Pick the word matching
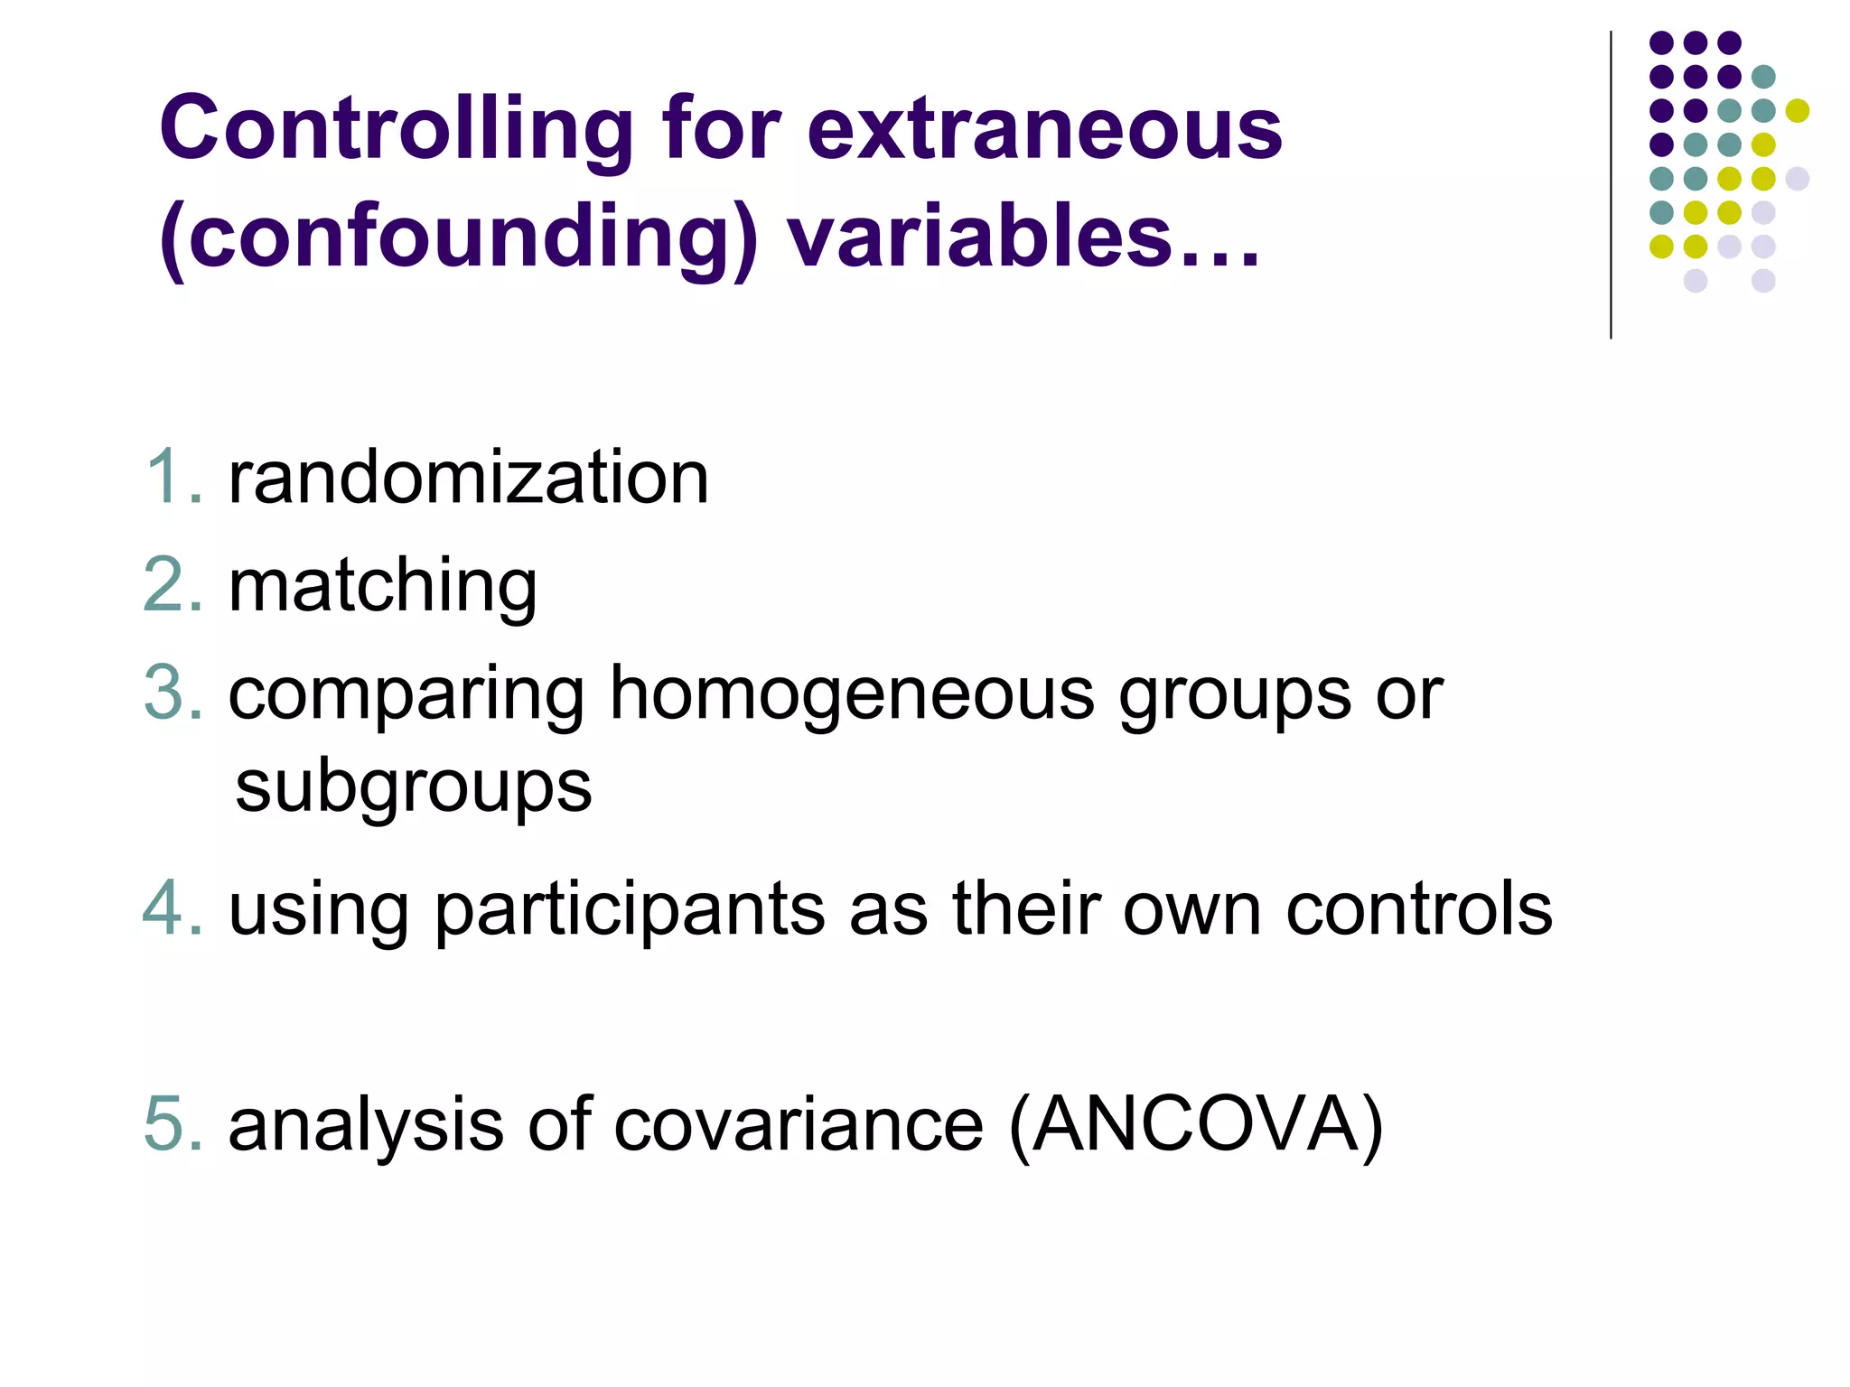(x=383, y=587)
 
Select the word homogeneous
(x=852, y=695)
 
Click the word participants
(x=630, y=910)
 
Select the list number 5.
(x=172, y=1125)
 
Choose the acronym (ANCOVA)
(x=1195, y=1125)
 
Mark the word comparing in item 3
(x=406, y=695)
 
